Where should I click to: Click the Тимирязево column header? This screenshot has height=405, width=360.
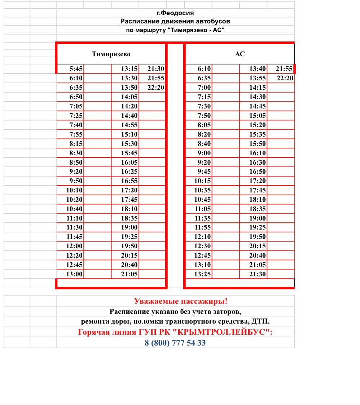[111, 54]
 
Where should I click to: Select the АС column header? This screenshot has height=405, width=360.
[240, 54]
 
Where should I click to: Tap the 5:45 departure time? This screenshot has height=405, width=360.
[76, 69]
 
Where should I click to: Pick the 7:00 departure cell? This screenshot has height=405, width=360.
[204, 88]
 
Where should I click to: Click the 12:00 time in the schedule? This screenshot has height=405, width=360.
[75, 246]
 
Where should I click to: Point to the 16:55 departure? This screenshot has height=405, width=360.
[129, 181]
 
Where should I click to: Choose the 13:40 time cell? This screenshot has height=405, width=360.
[258, 69]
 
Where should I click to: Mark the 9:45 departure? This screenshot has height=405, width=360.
[204, 171]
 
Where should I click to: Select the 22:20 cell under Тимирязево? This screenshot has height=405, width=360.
[156, 88]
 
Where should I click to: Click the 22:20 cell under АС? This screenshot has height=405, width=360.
[285, 78]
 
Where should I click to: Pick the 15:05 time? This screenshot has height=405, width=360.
[258, 116]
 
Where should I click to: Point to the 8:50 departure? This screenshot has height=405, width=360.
[76, 162]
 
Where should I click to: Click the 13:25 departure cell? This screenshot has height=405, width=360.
[203, 274]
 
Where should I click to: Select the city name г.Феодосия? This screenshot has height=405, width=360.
[175, 13]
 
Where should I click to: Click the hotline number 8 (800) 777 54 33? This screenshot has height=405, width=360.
[175, 343]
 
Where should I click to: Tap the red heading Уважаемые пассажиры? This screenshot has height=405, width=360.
[181, 301]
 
